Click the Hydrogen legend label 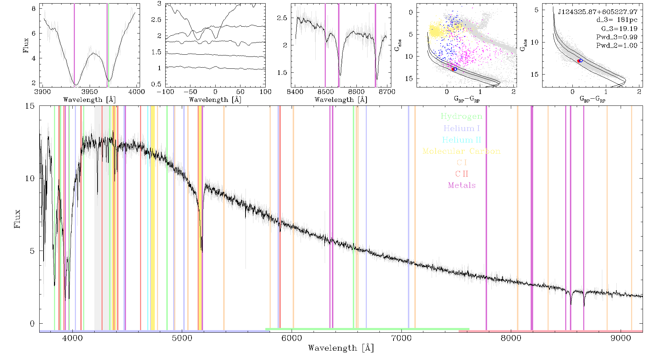pyautogui.click(x=461, y=117)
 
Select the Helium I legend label pyautogui.click(x=462, y=128)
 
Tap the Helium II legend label pyautogui.click(x=462, y=140)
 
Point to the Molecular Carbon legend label pyautogui.click(x=462, y=151)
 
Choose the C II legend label pyautogui.click(x=462, y=174)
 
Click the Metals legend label pyautogui.click(x=462, y=185)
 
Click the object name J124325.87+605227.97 pyautogui.click(x=598, y=12)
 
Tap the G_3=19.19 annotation pyautogui.click(x=619, y=29)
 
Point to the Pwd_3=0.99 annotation pyautogui.click(x=617, y=37)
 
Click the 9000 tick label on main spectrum pyautogui.click(x=621, y=338)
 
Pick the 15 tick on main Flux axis pyautogui.click(x=30, y=106)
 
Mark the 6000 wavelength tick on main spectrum pyautogui.click(x=292, y=338)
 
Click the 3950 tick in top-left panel pyautogui.click(x=90, y=92)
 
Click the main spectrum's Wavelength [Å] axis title pyautogui.click(x=341, y=348)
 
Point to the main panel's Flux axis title pyautogui.click(x=17, y=219)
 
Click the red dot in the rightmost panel pyautogui.click(x=579, y=61)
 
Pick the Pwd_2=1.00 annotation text pyautogui.click(x=617, y=46)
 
